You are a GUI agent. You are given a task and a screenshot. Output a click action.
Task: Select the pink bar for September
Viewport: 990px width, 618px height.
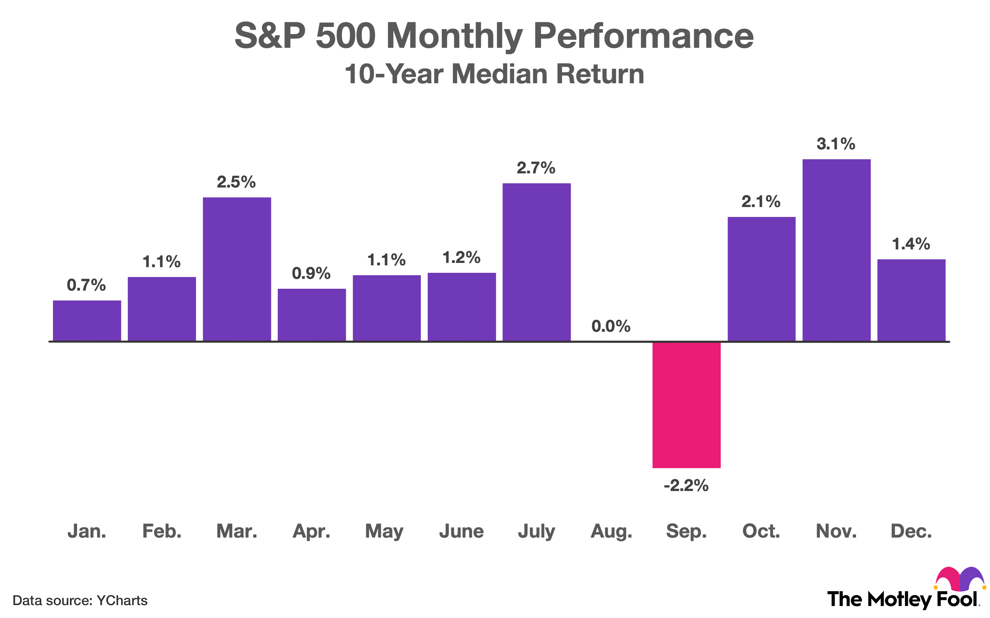tap(687, 405)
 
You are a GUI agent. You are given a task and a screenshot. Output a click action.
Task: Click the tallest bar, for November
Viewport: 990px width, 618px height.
tap(836, 250)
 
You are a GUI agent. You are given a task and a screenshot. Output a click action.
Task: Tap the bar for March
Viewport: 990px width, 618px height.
tap(237, 269)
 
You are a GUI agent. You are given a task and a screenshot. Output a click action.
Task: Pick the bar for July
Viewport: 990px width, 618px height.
tap(536, 262)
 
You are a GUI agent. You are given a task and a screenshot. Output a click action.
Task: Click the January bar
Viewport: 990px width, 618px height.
tap(87, 321)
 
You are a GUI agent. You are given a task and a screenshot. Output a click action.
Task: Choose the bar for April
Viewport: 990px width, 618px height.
tap(312, 315)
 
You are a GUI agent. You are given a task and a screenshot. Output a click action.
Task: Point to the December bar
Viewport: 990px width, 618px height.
tap(911, 300)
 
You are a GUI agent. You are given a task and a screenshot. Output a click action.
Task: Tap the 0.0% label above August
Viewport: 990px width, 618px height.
tap(611, 326)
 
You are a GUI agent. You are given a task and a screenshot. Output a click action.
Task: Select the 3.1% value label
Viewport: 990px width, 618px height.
tap(836, 144)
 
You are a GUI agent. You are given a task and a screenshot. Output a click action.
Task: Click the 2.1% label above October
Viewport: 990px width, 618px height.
tap(761, 201)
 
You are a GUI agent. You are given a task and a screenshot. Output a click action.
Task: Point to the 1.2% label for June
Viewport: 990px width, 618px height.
tap(461, 257)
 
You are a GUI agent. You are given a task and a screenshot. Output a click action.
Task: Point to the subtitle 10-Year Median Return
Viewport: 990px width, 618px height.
tap(494, 74)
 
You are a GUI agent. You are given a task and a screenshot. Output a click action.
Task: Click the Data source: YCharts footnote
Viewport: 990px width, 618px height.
tap(80, 600)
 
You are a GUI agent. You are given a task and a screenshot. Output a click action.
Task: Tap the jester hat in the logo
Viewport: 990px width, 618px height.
tap(960, 579)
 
